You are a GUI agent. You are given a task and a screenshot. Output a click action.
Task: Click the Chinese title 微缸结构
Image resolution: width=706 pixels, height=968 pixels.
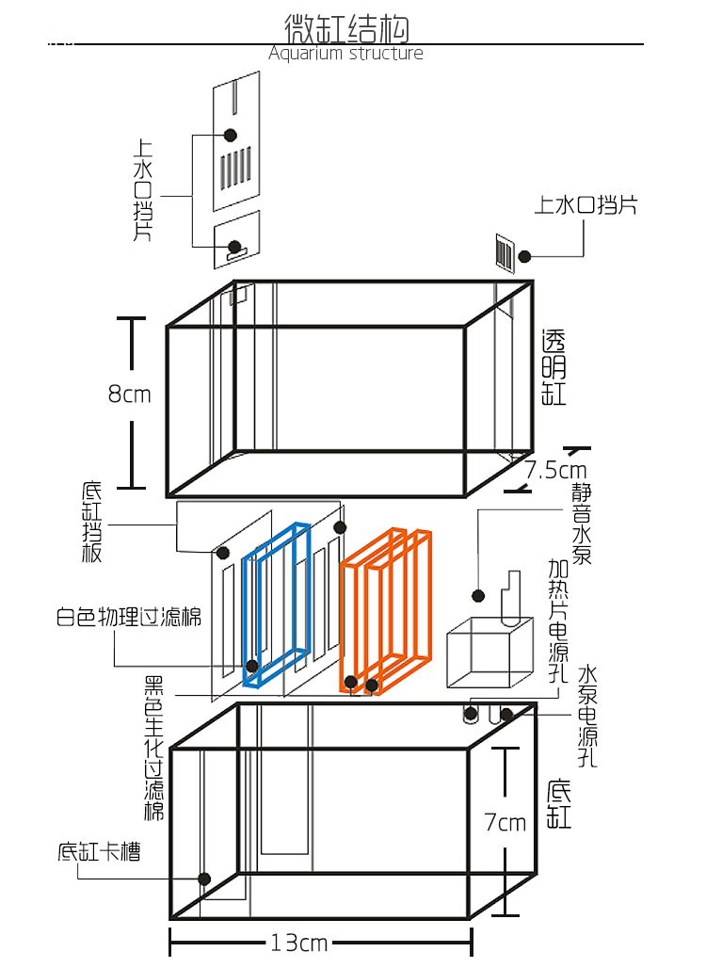(346, 28)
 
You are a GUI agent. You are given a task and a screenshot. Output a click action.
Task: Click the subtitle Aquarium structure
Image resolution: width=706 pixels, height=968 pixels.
(345, 54)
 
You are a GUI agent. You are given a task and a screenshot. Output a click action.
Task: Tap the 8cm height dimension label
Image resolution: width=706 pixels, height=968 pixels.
(129, 395)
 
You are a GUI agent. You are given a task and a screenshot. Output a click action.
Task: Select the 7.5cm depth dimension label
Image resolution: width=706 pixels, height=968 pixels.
(555, 470)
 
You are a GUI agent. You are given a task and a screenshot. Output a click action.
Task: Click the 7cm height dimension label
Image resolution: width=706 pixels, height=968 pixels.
(505, 823)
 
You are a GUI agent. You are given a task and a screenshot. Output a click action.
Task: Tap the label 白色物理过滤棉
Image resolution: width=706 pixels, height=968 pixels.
(128, 619)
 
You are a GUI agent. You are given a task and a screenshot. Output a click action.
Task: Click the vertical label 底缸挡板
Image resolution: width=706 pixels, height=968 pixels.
(91, 523)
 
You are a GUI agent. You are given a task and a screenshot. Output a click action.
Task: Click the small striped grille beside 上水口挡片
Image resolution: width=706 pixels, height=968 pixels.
(505, 254)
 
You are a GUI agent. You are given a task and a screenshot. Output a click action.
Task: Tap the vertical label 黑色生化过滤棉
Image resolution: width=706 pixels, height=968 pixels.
(153, 748)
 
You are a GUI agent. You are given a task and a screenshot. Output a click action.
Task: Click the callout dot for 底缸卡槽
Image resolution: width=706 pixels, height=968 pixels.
(203, 879)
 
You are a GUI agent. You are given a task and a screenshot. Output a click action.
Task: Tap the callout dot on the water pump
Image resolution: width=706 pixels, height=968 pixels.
(478, 596)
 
